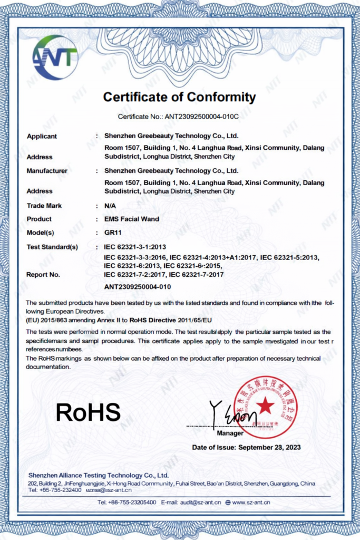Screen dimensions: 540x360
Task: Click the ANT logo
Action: coord(54,57)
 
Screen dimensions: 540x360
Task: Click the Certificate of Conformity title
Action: coord(179,97)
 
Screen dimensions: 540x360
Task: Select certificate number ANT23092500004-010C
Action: coord(202,116)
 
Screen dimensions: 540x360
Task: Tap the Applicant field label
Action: coord(42,136)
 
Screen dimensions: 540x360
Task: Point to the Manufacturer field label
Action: coord(47,171)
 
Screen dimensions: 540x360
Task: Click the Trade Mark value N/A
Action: coord(110,206)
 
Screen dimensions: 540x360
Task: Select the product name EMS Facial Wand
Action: coord(131,219)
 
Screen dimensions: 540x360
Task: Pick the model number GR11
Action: coord(113,233)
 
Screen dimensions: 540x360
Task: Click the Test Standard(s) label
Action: coord(52,247)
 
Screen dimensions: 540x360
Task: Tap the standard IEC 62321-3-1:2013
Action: coord(136,247)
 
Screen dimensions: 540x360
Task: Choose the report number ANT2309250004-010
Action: coord(138,287)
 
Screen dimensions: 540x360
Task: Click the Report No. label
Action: coord(43,274)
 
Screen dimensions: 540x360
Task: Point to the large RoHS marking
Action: coord(88,412)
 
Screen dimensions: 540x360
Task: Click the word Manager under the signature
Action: coord(230,433)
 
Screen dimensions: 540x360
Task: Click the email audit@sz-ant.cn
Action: coord(199,503)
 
